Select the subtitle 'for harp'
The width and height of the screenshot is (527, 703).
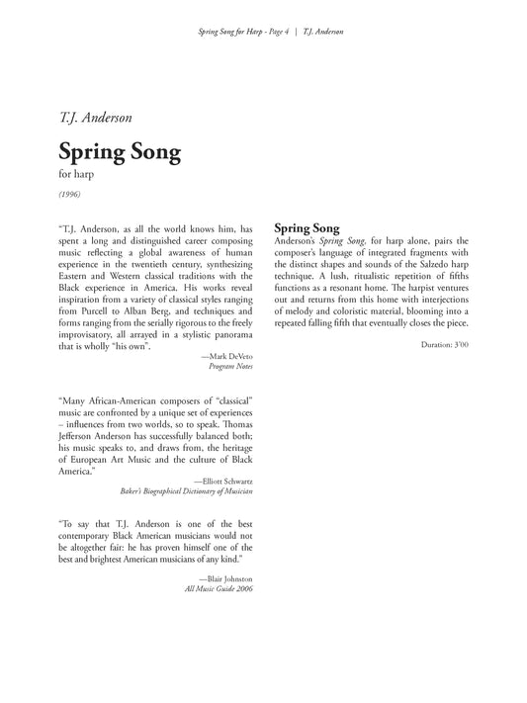pos(75,177)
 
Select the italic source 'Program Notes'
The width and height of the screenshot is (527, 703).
pos(231,366)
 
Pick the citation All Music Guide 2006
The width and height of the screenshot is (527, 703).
pos(219,589)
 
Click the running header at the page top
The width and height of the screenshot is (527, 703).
pos(263,31)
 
